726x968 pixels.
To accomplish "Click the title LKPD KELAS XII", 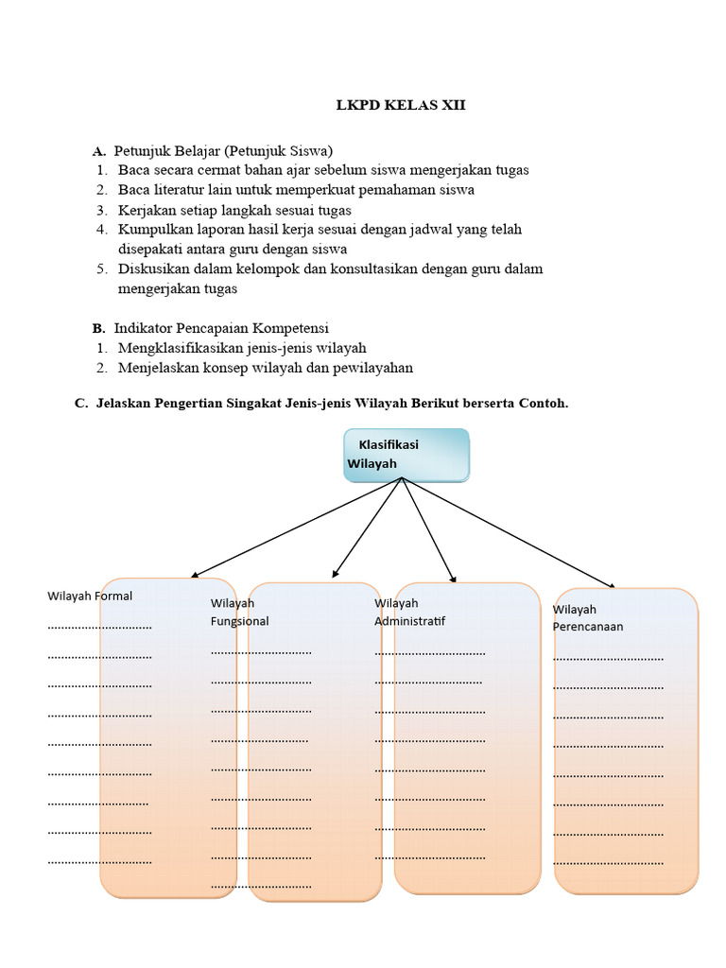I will pos(401,105).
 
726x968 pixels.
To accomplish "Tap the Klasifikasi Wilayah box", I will pos(406,455).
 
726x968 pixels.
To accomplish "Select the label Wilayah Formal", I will pos(90,596).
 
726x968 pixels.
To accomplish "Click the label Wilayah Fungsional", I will pos(239,612).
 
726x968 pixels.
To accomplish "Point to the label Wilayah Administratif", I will pos(409,612).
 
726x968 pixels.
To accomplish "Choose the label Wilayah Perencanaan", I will pos(587,617).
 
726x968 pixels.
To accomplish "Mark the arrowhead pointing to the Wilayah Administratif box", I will pos(453,579).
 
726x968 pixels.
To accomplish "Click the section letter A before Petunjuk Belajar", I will pos(97,151).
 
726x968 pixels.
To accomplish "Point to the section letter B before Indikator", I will pos(97,329).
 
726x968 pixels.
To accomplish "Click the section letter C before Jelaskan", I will pos(80,404).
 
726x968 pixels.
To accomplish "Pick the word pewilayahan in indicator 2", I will pos(375,368).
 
